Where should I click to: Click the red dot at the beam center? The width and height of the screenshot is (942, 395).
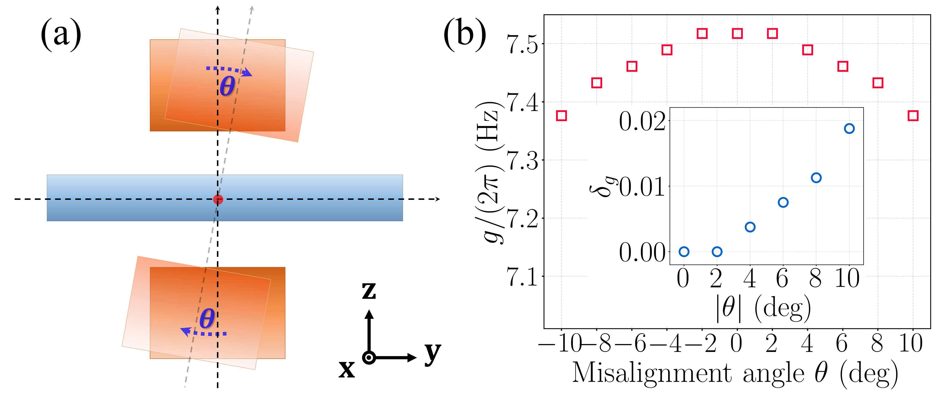pos(218,199)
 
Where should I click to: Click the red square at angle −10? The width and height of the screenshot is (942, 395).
pos(561,116)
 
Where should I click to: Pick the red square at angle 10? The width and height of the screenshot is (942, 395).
pos(913,116)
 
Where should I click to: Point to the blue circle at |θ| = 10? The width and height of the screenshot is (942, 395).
pos(849,128)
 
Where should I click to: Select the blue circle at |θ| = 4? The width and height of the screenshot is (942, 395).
pos(750,227)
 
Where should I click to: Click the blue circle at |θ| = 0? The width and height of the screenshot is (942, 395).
pos(684,252)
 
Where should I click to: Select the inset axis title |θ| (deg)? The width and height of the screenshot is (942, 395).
pos(763,308)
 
